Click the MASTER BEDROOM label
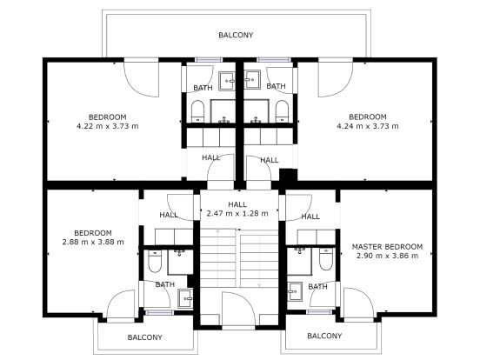[x=387, y=247]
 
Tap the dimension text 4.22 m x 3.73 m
[x=108, y=126]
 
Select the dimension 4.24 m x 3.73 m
[x=368, y=126]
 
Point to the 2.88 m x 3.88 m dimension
[x=93, y=242]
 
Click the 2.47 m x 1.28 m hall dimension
[x=237, y=213]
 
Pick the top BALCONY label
[x=236, y=35]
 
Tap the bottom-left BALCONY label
[x=145, y=337]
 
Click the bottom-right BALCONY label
[x=324, y=336]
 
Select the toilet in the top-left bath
[x=197, y=111]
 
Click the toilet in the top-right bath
[x=282, y=111]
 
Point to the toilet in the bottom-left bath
[x=155, y=261]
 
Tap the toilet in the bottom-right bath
[x=326, y=259]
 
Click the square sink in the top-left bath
[x=227, y=81]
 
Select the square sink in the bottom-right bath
[x=295, y=291]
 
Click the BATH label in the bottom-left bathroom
[x=165, y=284]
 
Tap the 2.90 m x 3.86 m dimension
[x=387, y=256]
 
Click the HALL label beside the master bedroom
[x=310, y=217]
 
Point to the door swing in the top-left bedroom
[x=142, y=80]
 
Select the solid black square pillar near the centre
[x=289, y=176]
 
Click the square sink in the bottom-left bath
[x=185, y=298]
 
